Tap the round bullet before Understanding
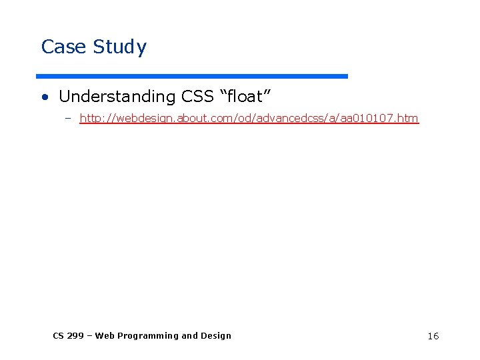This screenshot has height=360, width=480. click(45, 97)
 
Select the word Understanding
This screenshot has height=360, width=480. click(117, 97)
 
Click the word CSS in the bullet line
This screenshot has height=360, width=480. click(198, 97)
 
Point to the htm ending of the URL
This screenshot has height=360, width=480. click(409, 119)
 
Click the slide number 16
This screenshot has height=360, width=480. click(433, 336)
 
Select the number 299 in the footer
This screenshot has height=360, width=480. click(76, 336)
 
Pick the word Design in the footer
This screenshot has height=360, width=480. click(215, 336)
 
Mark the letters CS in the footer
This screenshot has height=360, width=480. click(59, 336)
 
